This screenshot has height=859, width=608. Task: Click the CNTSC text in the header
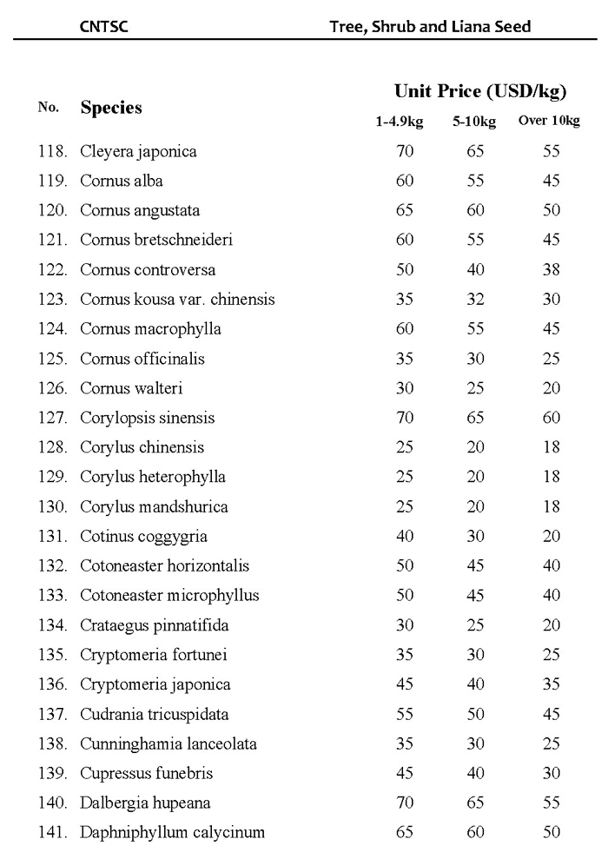tap(104, 26)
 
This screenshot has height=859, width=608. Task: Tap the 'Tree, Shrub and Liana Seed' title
tap(430, 26)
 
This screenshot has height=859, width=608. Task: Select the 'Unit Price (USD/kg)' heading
tap(480, 91)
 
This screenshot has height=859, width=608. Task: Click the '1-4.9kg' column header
tap(399, 122)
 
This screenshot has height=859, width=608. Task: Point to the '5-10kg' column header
tap(474, 122)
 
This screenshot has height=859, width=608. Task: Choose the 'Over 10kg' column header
tap(549, 121)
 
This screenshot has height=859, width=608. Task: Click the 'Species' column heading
tap(111, 109)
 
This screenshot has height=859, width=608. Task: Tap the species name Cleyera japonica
tap(138, 152)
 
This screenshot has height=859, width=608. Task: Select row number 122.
tap(53, 270)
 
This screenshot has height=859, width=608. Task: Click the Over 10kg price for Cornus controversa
tap(552, 270)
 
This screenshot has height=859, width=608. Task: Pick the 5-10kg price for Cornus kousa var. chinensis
tap(475, 300)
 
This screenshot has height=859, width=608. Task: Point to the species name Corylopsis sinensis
tap(147, 418)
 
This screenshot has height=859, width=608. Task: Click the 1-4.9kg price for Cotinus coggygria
tap(405, 537)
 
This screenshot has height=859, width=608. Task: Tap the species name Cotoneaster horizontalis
tap(164, 566)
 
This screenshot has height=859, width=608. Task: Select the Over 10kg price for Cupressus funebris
tap(552, 773)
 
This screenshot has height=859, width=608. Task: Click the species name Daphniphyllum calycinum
tap(172, 832)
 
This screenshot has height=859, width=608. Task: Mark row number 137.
tap(53, 714)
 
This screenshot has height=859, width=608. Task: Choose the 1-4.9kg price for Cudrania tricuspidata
tap(405, 714)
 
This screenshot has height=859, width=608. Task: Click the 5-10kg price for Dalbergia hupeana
tap(475, 803)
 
